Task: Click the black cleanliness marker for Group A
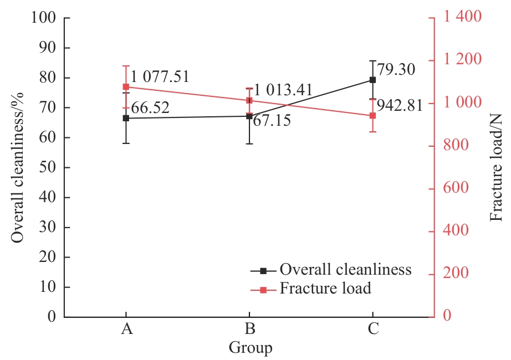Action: pos(126,118)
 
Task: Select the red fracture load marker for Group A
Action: pos(126,87)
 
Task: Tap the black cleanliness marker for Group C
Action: pos(372,80)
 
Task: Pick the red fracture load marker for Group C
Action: pos(372,116)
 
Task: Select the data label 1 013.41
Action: pos(284,90)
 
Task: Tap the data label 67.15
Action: pos(272,121)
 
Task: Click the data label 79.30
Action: pos(396,70)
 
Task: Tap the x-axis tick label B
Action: pos(249,329)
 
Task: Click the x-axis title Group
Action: pos(250,348)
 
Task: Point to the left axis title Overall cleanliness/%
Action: pos(18,167)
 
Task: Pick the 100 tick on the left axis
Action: pos(44,18)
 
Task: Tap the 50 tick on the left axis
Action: pos(48,167)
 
